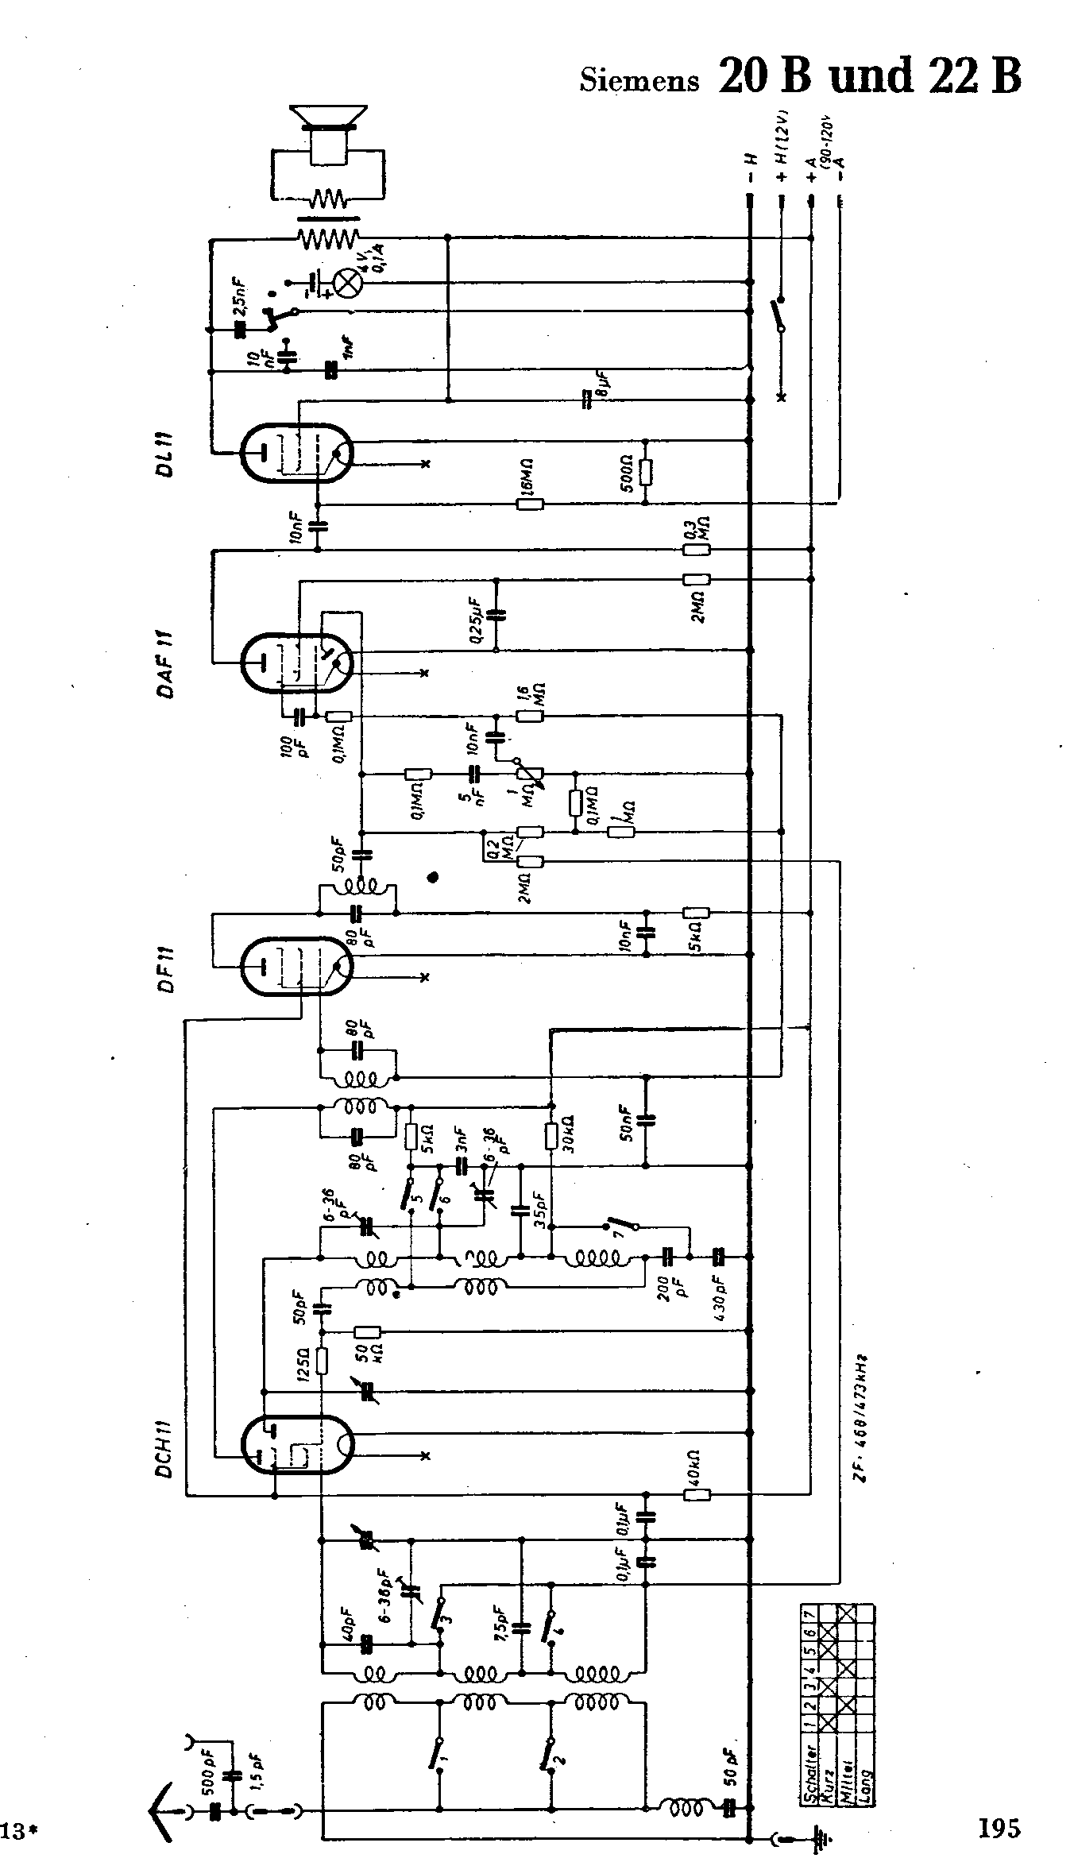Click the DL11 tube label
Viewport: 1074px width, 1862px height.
(x=166, y=454)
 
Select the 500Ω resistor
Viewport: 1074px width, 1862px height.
(x=645, y=473)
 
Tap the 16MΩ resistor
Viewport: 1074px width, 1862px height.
(x=530, y=503)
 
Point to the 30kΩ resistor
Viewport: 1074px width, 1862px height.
(x=551, y=1135)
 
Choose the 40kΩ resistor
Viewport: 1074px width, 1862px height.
(x=697, y=1494)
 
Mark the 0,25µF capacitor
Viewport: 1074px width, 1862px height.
(x=496, y=614)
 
